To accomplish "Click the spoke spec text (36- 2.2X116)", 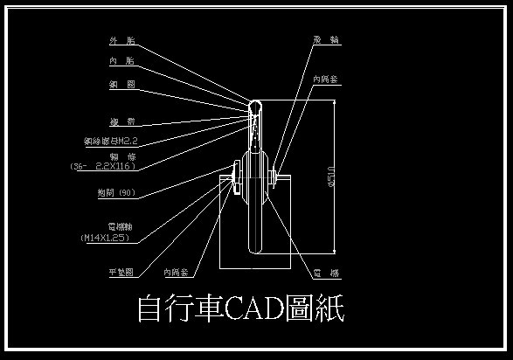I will click(102, 165).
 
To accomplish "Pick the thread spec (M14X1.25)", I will click(104, 237).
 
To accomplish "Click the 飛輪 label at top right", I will click(327, 40).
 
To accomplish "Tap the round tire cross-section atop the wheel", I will click(255, 107).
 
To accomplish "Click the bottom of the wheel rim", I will click(255, 253).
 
